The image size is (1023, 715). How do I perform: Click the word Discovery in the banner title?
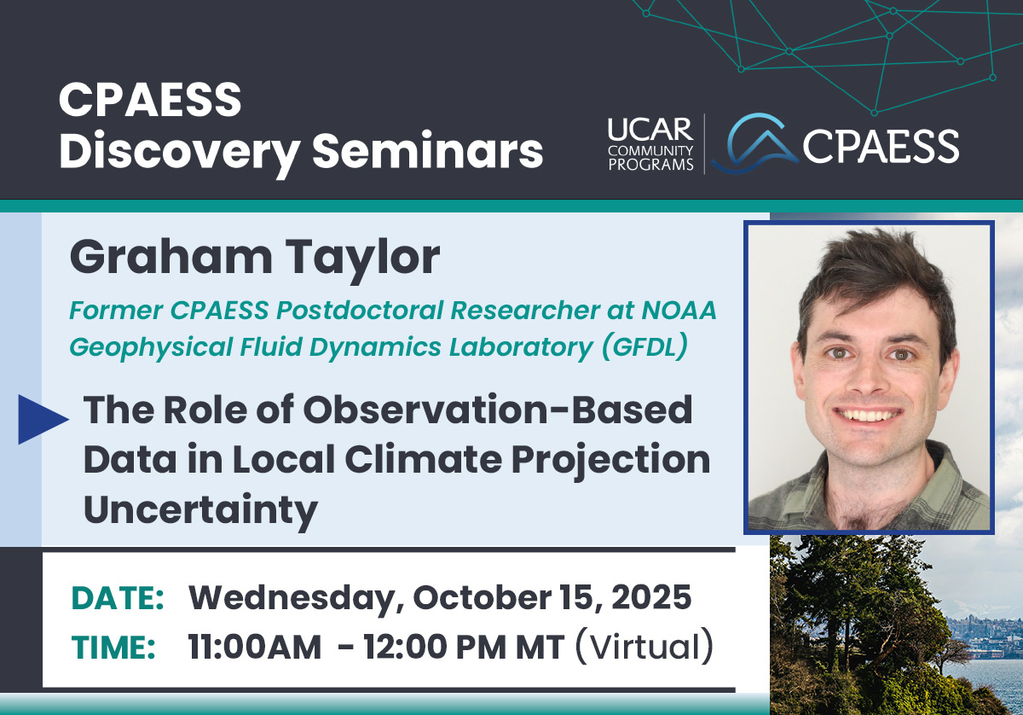coord(180,152)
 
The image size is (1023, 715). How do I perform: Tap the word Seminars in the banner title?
coord(427,149)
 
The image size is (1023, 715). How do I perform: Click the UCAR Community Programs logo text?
coord(650,144)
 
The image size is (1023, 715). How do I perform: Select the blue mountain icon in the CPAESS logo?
coord(755,143)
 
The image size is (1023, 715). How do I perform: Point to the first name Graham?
coord(171,257)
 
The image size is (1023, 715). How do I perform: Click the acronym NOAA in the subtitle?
coord(679,310)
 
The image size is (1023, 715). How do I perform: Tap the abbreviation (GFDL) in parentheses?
coord(644,347)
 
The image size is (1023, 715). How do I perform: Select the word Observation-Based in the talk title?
coord(498,410)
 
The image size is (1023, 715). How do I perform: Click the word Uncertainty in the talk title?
coord(201,510)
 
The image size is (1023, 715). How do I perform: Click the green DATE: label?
coord(118,598)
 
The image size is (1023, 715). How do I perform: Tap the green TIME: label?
coord(113,648)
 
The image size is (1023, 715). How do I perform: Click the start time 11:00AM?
coord(254,648)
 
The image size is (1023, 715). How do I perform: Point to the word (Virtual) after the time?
coord(644,647)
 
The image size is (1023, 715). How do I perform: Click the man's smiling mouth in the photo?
coord(868,414)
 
